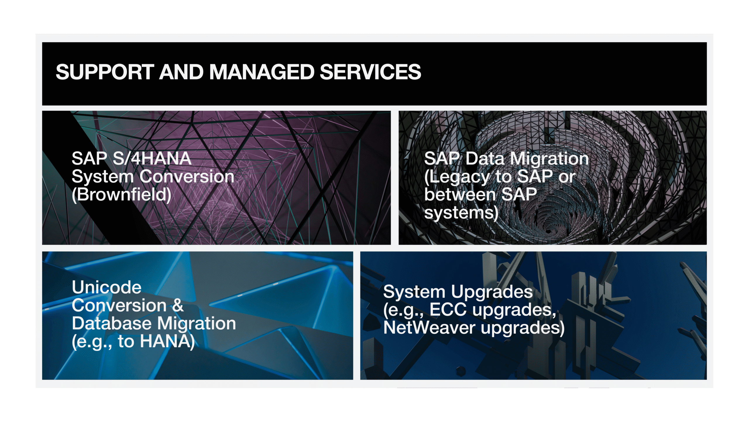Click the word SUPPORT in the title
click(105, 72)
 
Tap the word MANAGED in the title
click(262, 72)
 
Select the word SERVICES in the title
click(370, 72)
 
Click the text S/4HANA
click(152, 159)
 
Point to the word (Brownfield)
click(121, 195)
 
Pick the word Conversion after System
click(187, 177)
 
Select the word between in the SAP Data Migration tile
click(460, 195)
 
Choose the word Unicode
click(106, 287)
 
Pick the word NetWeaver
click(429, 328)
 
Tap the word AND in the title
click(181, 72)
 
